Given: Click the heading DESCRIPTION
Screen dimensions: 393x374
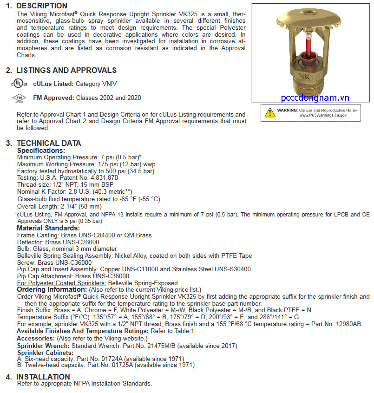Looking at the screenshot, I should point(42,6).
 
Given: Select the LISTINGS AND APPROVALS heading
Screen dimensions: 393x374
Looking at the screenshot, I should point(66,71).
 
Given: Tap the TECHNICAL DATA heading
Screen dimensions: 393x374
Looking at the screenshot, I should point(49,143).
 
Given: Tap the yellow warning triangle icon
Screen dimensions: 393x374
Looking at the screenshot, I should point(270,112).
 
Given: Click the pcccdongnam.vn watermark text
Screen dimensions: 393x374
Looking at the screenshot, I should point(315,98).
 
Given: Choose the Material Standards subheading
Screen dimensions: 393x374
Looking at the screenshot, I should point(48,228).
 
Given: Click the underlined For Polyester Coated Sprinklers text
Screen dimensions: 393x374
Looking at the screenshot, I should point(62,283).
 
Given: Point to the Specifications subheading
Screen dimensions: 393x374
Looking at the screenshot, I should point(41,151).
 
